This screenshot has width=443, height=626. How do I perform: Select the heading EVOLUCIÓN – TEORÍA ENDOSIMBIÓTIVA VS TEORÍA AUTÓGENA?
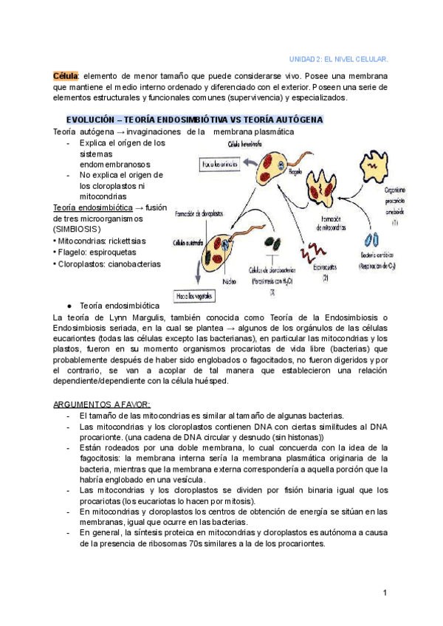(194, 120)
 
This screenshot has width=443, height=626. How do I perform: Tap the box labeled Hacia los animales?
(216, 165)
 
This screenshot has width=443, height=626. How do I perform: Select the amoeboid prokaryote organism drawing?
(378, 166)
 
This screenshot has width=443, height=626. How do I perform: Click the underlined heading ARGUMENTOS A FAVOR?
(102, 405)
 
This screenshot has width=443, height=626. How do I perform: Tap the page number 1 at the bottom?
(385, 593)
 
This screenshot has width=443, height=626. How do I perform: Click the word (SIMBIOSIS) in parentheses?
(78, 230)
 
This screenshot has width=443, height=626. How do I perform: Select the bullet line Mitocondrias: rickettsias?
(100, 241)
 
